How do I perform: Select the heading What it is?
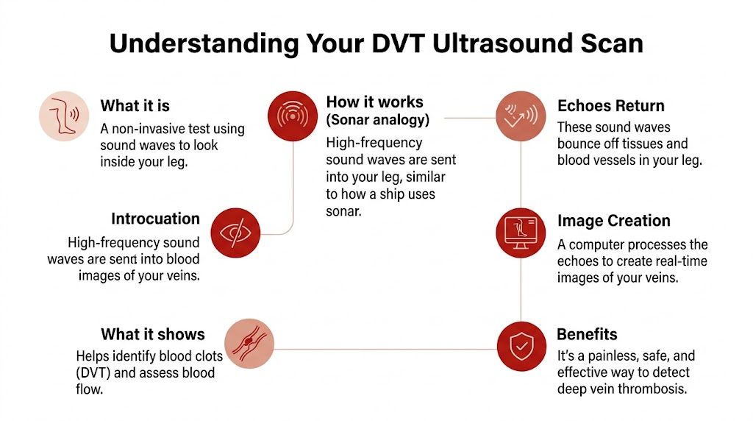pyautogui.click(x=135, y=105)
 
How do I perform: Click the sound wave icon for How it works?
pyautogui.click(x=294, y=116)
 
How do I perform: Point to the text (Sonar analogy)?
pyautogui.click(x=377, y=119)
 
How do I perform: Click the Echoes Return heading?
pyautogui.click(x=610, y=105)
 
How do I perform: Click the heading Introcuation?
pyautogui.click(x=155, y=219)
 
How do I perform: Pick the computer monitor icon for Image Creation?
pyautogui.click(x=521, y=232)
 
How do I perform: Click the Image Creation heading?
pyautogui.click(x=613, y=221)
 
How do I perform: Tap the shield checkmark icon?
pyautogui.click(x=521, y=347)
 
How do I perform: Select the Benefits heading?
pyautogui.click(x=587, y=334)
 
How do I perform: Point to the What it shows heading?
pyautogui.click(x=153, y=334)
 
